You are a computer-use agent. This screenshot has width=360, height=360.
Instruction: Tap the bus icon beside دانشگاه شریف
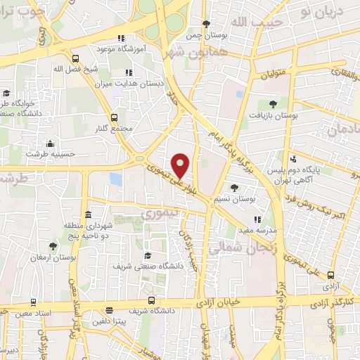pyautogui.click(x=109, y=310)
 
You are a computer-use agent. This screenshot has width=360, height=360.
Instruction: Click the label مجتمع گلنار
pyautogui.click(x=117, y=129)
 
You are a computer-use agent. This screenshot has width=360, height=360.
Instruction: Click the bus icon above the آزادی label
pyautogui.click(x=330, y=276)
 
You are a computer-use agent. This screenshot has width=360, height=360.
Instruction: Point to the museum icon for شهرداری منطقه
pyautogui.click(x=88, y=214)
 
